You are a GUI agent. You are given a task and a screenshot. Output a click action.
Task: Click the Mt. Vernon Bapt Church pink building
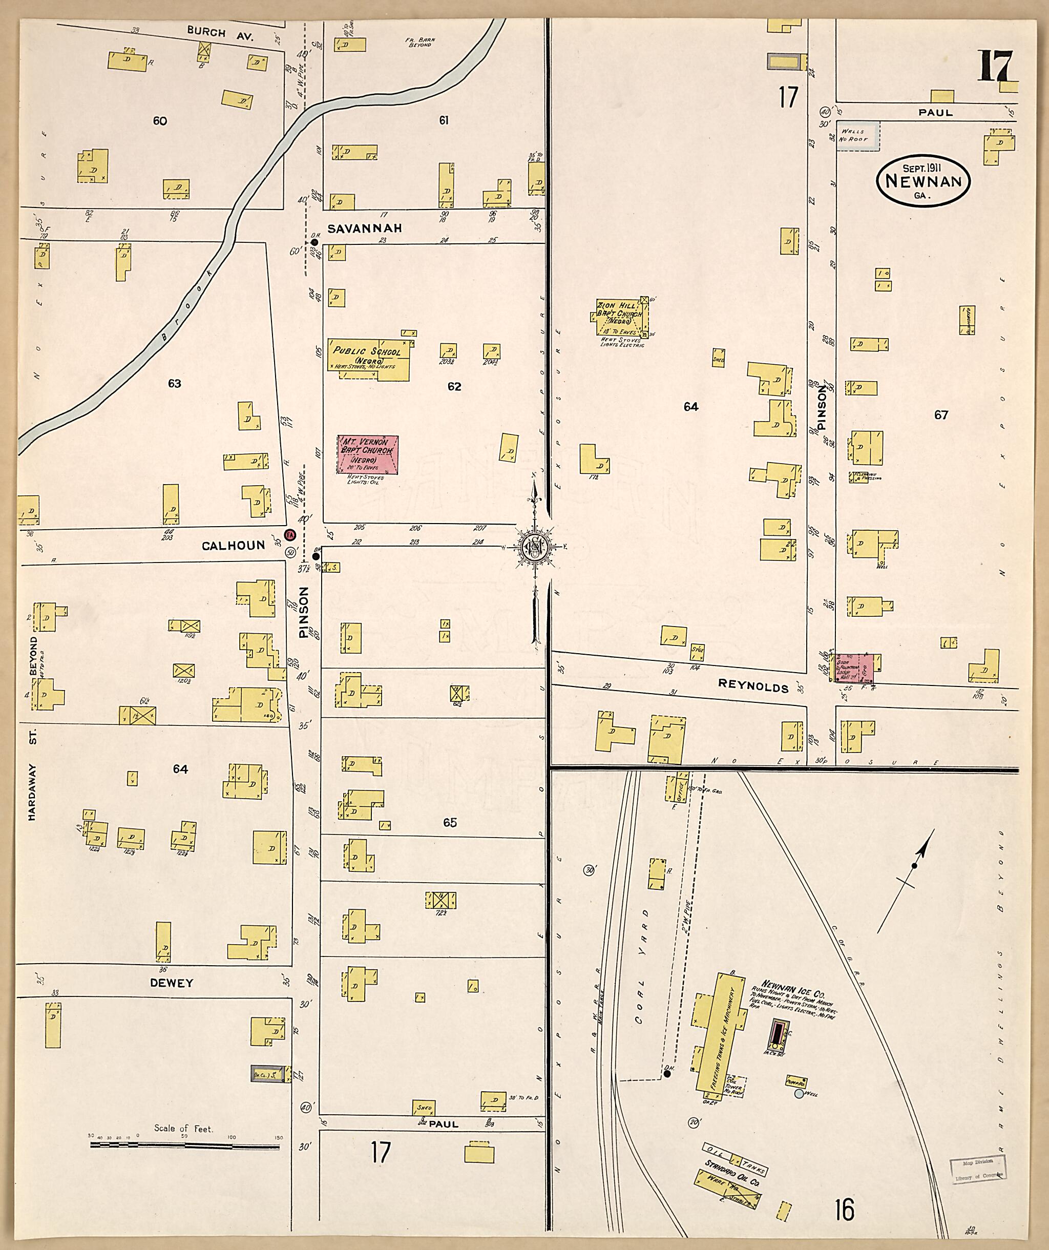(x=367, y=455)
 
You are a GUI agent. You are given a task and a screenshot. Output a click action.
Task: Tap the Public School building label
(x=367, y=352)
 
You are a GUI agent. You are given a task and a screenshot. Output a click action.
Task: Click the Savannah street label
(x=364, y=228)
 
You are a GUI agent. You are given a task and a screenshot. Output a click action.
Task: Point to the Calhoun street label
(x=233, y=545)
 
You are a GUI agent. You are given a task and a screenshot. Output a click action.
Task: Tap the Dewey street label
(x=172, y=983)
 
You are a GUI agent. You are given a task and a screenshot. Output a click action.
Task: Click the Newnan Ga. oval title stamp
(x=923, y=181)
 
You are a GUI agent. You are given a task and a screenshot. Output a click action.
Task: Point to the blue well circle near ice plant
(x=799, y=1093)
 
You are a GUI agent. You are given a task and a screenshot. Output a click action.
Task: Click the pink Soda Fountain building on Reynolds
(x=854, y=668)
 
